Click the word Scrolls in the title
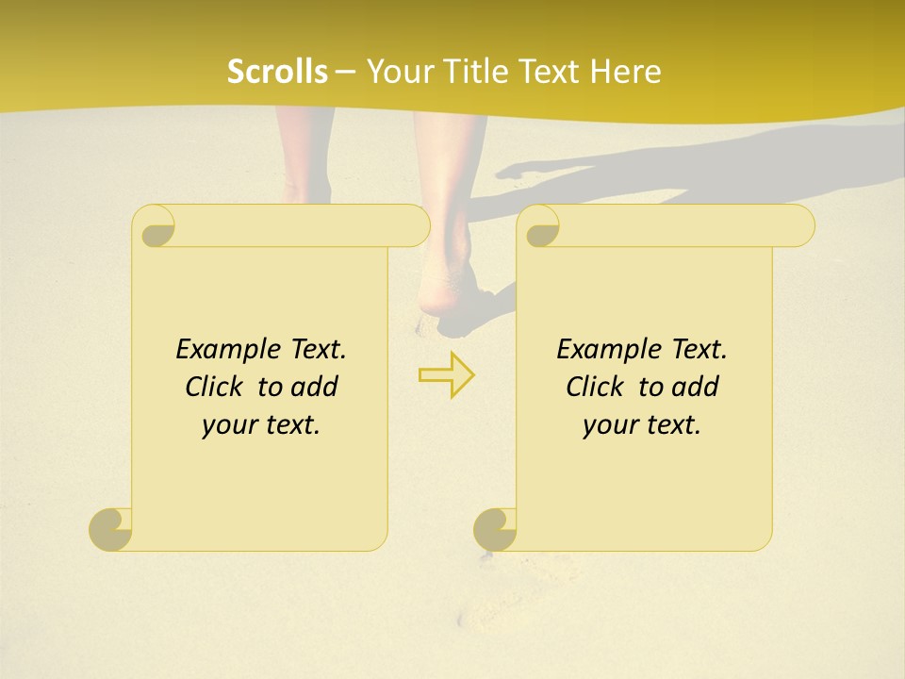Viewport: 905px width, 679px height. (x=277, y=72)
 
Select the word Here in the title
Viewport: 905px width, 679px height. (x=626, y=72)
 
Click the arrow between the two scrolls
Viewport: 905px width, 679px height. (x=446, y=375)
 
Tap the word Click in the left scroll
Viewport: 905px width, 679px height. (x=206, y=387)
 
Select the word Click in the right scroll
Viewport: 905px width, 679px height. (x=587, y=387)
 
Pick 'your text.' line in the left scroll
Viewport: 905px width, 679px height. (x=261, y=425)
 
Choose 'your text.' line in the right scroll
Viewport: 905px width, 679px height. (x=642, y=425)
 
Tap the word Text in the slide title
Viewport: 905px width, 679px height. (x=548, y=72)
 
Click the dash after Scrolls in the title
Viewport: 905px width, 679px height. (x=346, y=72)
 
